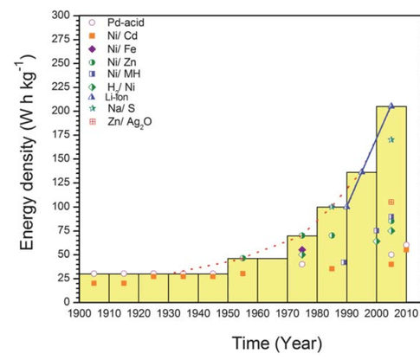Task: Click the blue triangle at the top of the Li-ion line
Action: pyautogui.click(x=391, y=106)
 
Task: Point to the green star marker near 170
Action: pyautogui.click(x=391, y=139)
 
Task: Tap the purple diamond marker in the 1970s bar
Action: pyautogui.click(x=301, y=249)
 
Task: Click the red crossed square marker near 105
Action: pyautogui.click(x=391, y=202)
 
